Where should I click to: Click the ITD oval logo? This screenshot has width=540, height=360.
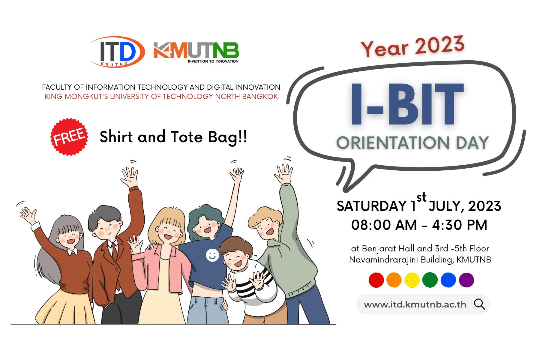tap(117, 52)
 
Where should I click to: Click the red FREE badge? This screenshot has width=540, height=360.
tap(69, 137)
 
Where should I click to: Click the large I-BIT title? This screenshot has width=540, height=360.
tap(407, 104)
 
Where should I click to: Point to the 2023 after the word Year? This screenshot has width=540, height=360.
tap(440, 45)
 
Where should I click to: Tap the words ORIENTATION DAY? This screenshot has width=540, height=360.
tap(412, 143)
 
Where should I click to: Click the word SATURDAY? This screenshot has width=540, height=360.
tap(371, 206)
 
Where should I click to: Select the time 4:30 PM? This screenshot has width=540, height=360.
tap(460, 225)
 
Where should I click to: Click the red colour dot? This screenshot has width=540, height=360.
tap(376, 280)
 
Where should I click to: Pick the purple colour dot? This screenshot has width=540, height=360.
tap(466, 280)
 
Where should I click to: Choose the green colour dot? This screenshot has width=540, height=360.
tap(430, 280)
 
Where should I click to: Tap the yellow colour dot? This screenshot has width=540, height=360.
tap(412, 280)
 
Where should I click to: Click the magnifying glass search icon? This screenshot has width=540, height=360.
tap(479, 304)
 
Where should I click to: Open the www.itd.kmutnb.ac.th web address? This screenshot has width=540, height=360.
tap(415, 304)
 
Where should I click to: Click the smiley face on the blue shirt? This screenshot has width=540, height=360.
tap(212, 255)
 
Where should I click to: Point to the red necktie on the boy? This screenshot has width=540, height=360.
tap(114, 252)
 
